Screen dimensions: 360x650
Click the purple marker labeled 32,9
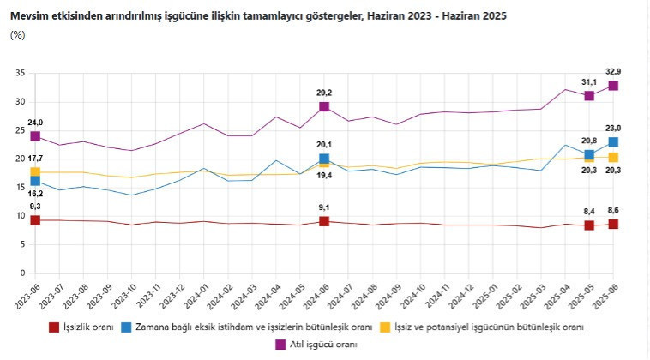(613, 86)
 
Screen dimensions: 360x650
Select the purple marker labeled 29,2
(324, 106)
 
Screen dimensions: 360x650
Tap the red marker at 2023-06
(35, 220)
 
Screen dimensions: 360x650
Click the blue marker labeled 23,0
(613, 142)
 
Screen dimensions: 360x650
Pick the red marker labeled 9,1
(324, 221)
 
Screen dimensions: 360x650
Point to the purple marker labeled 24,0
(35, 136)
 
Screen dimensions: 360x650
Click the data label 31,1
(589, 81)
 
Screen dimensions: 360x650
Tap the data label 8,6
(613, 210)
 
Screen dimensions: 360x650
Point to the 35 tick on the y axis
(19, 73)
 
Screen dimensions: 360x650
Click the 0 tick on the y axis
(21, 273)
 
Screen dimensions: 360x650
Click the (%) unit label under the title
(17, 35)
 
